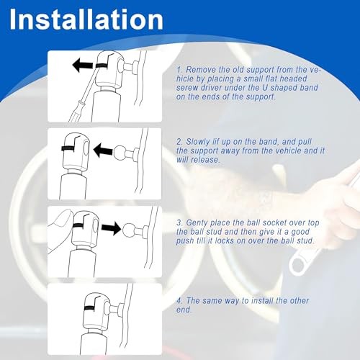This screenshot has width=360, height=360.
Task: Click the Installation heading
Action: click(x=86, y=19)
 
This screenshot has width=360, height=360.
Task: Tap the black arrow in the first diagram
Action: click(x=83, y=65)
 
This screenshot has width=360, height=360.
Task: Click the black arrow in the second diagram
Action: click(x=103, y=150)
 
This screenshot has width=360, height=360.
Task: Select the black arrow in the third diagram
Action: click(x=111, y=228)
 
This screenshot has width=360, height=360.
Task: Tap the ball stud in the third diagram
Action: click(x=130, y=230)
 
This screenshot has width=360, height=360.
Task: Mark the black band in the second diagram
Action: click(x=68, y=148)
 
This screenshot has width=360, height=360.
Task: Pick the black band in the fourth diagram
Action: click(x=91, y=308)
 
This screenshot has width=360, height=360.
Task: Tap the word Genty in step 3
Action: click(x=197, y=223)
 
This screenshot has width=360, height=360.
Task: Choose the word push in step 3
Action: click(x=185, y=241)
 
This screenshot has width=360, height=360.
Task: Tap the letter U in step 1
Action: click(x=265, y=88)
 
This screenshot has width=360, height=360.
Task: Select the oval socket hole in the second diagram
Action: click(x=86, y=151)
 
